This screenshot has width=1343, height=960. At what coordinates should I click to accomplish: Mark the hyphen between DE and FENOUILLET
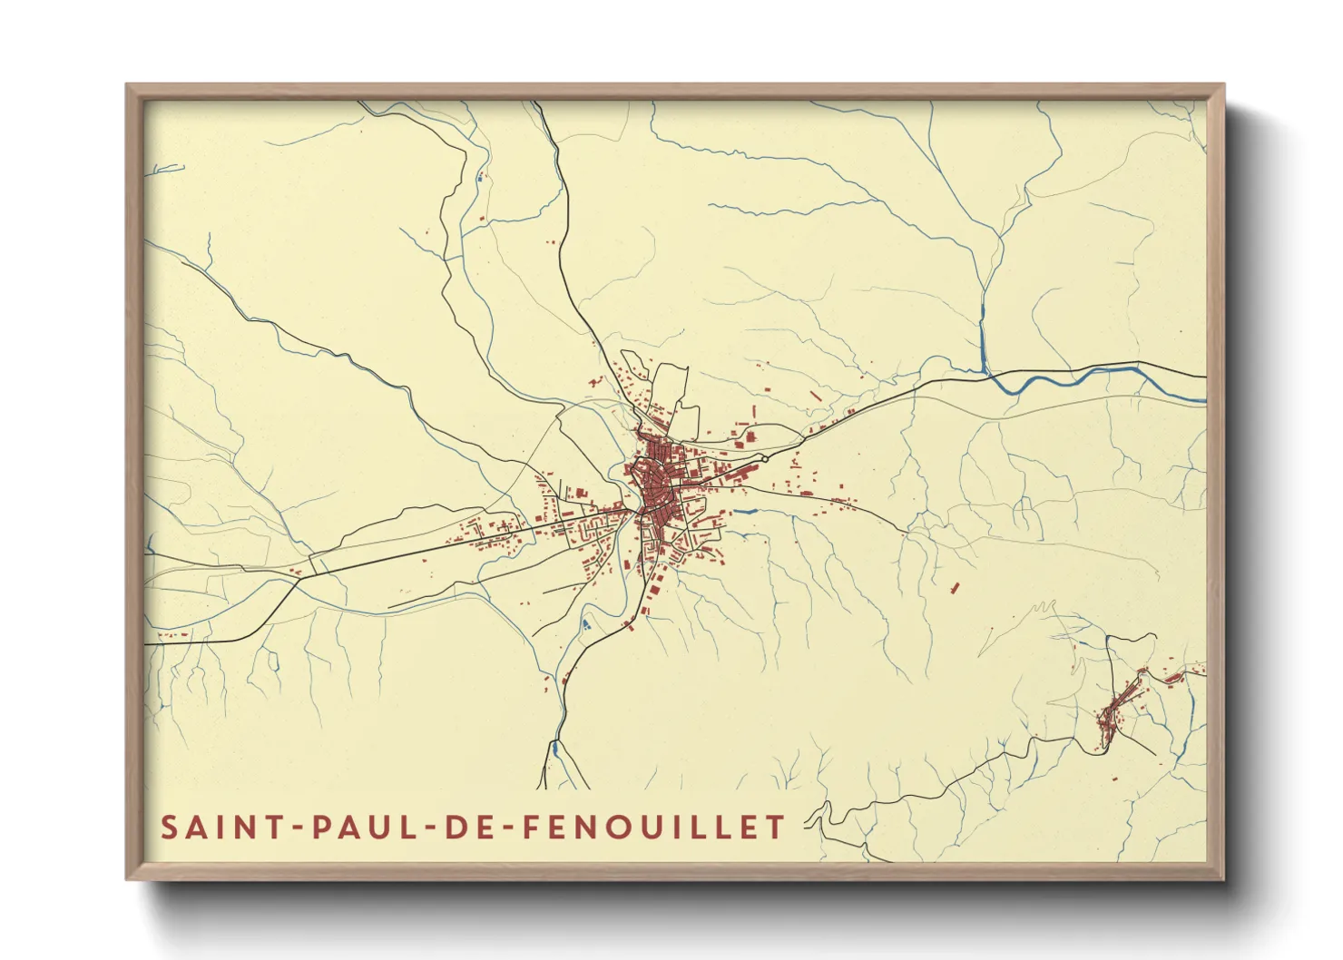(x=507, y=828)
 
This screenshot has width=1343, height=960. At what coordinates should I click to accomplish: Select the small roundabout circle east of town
(x=765, y=460)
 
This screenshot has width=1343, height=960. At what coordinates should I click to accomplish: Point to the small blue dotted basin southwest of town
(x=585, y=624)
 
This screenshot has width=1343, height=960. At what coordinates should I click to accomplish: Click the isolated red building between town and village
(x=954, y=588)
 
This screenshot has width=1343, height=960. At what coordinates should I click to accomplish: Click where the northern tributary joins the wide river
(x=985, y=371)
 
